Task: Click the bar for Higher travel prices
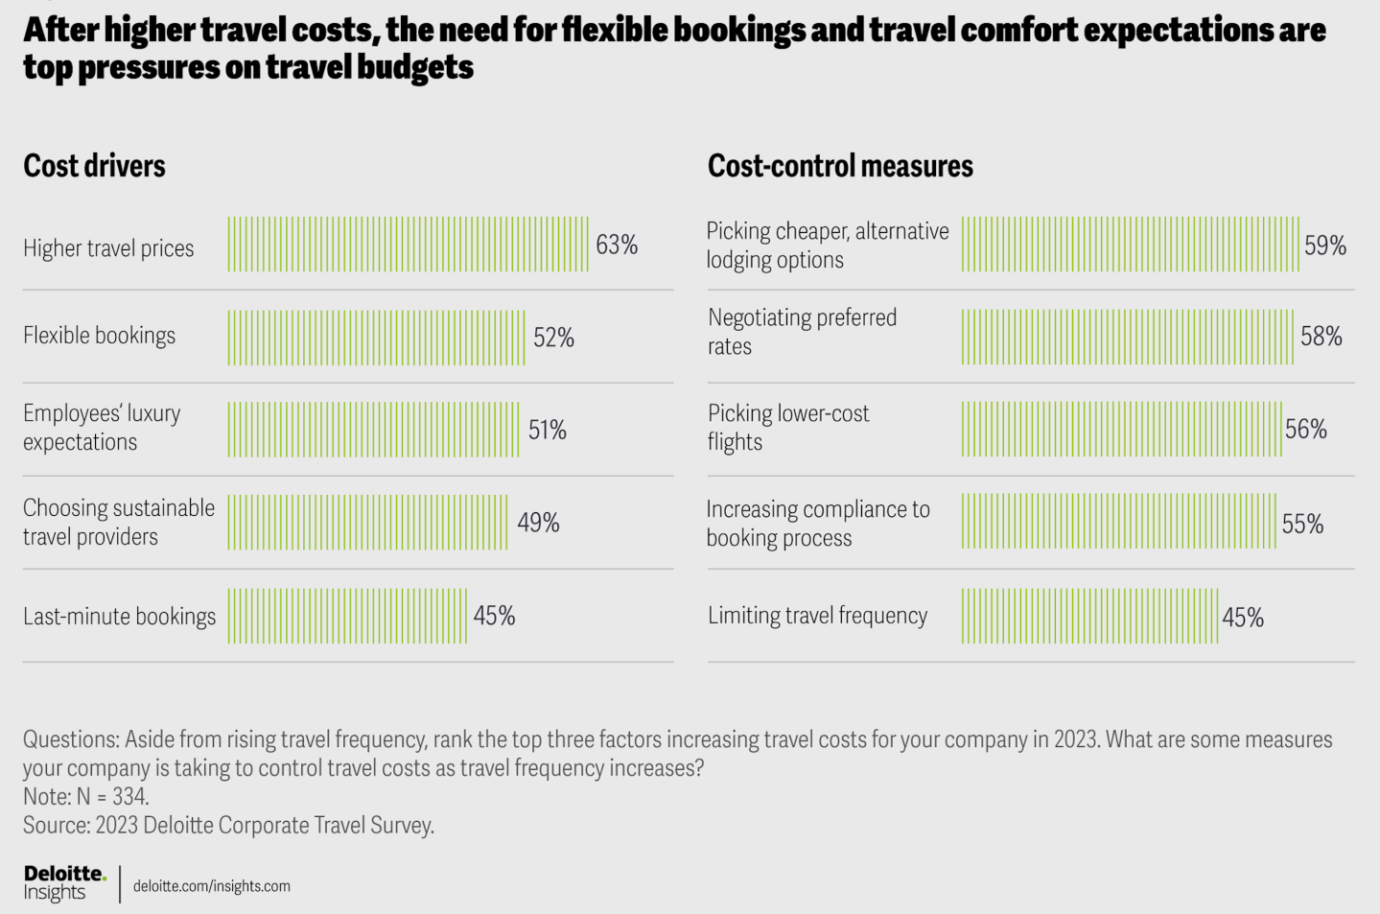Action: (x=408, y=244)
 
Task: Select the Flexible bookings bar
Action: (x=376, y=337)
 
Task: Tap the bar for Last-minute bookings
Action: (x=347, y=616)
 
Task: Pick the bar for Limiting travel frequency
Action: (x=1089, y=616)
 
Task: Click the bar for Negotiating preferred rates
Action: (x=1128, y=337)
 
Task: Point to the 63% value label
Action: (x=617, y=245)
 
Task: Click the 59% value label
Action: (x=1324, y=246)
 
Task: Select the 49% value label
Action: (x=538, y=523)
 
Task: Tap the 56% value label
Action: (x=1306, y=430)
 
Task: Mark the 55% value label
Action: (x=1302, y=524)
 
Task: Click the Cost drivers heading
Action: (x=94, y=166)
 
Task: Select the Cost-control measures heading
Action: (x=840, y=166)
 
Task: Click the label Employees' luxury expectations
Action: (x=102, y=428)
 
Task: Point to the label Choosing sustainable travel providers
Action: (x=119, y=522)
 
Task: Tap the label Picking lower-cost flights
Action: (x=788, y=428)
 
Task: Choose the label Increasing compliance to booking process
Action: (x=818, y=523)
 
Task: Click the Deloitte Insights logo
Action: (x=63, y=882)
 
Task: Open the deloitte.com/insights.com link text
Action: (x=212, y=886)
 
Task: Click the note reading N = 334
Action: (x=86, y=796)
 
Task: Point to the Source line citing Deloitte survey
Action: (x=228, y=825)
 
